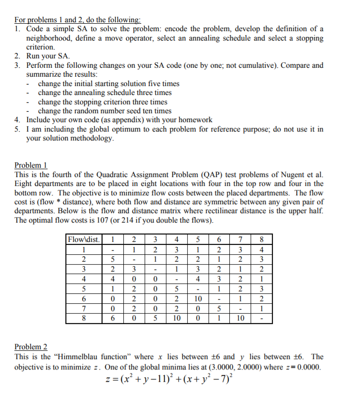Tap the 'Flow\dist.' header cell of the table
tap(84, 240)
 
